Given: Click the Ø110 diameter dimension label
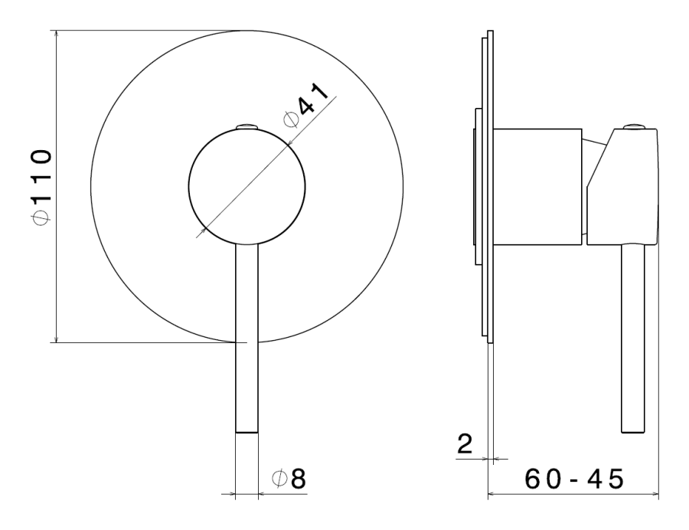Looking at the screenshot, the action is (x=42, y=187).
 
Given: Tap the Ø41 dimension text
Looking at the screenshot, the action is (x=305, y=105).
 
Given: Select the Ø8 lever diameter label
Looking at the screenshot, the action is (x=289, y=479).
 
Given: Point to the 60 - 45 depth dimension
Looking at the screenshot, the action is (x=574, y=479).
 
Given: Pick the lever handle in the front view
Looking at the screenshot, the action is (x=247, y=338).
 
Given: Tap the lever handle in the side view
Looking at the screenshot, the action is (x=633, y=339).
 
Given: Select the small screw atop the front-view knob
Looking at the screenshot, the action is (x=247, y=126).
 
